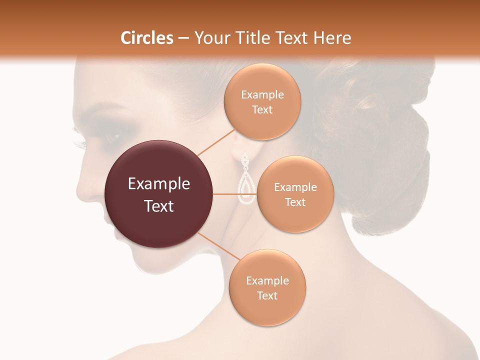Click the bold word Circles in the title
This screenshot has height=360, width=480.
click(146, 38)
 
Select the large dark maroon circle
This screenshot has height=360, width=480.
click(158, 194)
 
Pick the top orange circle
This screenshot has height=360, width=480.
click(262, 102)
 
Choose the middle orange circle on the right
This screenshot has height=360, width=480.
click(295, 194)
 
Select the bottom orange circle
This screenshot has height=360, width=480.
click(267, 288)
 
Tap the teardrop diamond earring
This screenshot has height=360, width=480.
click(245, 180)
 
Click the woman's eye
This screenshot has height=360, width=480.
click(113, 135)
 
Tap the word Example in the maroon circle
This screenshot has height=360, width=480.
click(158, 184)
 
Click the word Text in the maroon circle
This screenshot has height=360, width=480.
click(158, 206)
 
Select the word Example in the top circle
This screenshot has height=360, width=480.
click(262, 95)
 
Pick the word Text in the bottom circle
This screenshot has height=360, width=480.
click(267, 295)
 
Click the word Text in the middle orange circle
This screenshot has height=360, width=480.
click(295, 202)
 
